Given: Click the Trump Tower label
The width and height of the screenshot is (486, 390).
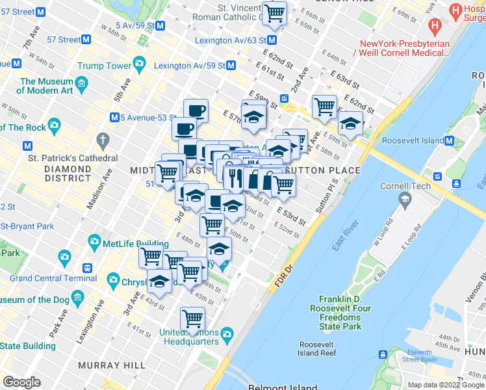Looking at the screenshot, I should coord(105,66).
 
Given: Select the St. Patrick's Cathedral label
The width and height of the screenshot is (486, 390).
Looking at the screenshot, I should coord(72,158).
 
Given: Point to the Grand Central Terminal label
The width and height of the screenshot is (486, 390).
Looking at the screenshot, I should coord(53,278).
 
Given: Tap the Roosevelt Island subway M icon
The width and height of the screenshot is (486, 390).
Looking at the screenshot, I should coord(449,140).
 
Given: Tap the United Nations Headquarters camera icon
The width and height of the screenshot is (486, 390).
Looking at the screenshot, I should coord(227,334).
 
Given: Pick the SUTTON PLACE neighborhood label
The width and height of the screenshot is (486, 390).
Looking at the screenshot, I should coord(323,170).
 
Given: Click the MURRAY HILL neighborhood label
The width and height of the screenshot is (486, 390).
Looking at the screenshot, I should coord(112,365).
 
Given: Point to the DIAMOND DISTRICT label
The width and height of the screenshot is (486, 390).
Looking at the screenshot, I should coord(68,173).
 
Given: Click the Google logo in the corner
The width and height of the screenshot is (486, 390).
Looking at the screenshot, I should coord(21,382).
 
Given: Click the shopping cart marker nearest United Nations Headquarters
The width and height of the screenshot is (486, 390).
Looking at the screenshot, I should coord(193,318).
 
